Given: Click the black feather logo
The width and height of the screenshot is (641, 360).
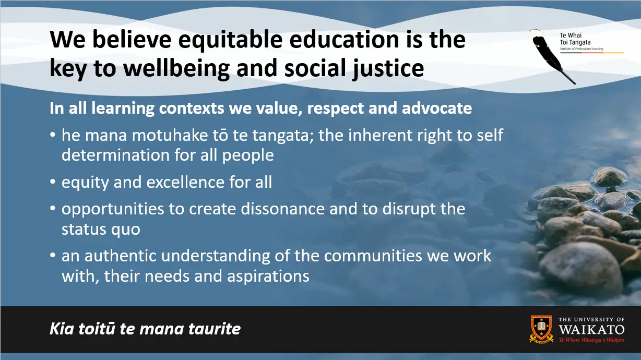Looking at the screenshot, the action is point(552,56).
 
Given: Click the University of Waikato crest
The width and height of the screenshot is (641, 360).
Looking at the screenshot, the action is point(541,329).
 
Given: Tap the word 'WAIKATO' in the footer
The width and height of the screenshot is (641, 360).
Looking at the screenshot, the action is point(591,330).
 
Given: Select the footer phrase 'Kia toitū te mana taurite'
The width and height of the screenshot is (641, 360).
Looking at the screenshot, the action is point(145,329).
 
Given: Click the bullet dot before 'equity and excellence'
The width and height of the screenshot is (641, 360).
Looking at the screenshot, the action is point(53,181).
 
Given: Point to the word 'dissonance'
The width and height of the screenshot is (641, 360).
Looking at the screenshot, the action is point(283,209).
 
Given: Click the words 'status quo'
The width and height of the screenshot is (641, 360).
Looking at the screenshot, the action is point(101,230).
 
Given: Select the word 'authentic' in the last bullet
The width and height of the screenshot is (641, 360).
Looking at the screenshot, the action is point(120,256).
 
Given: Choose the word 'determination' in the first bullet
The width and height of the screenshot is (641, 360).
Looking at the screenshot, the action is point(115,155).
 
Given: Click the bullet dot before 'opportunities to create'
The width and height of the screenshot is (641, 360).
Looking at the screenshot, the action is point(53,208).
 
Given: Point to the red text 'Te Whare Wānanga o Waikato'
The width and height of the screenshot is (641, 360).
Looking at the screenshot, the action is point(591,340).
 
